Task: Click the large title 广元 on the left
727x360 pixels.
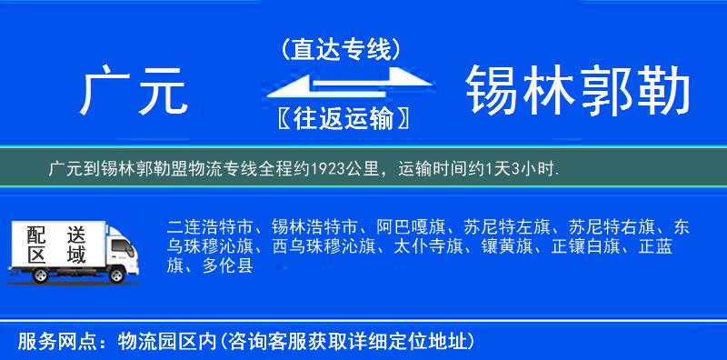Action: click(134, 91)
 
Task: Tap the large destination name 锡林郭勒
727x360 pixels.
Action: click(578, 91)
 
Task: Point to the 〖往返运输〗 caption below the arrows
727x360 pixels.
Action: click(340, 118)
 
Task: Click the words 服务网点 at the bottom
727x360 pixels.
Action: click(47, 342)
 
